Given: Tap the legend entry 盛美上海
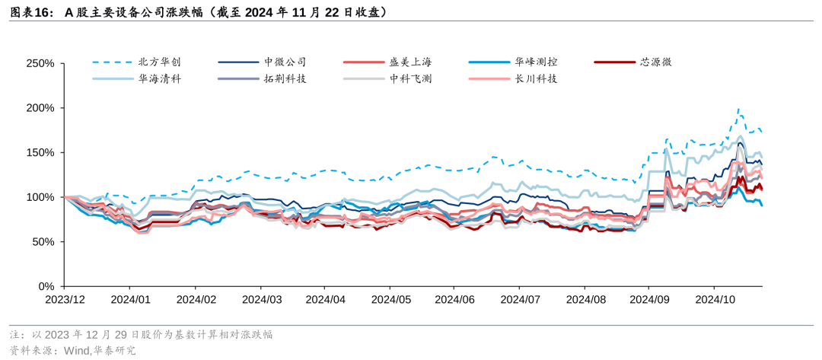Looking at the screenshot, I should (x=410, y=62).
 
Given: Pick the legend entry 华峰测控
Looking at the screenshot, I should (x=535, y=62).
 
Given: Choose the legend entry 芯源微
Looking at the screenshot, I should (x=655, y=62).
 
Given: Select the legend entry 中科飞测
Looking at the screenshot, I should (x=410, y=78).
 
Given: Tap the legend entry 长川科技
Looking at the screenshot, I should (x=535, y=78).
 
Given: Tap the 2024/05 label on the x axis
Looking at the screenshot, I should (x=389, y=300).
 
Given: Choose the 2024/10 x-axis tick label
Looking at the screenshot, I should (x=714, y=300).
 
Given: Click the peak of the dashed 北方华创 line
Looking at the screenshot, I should (x=738, y=110).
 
